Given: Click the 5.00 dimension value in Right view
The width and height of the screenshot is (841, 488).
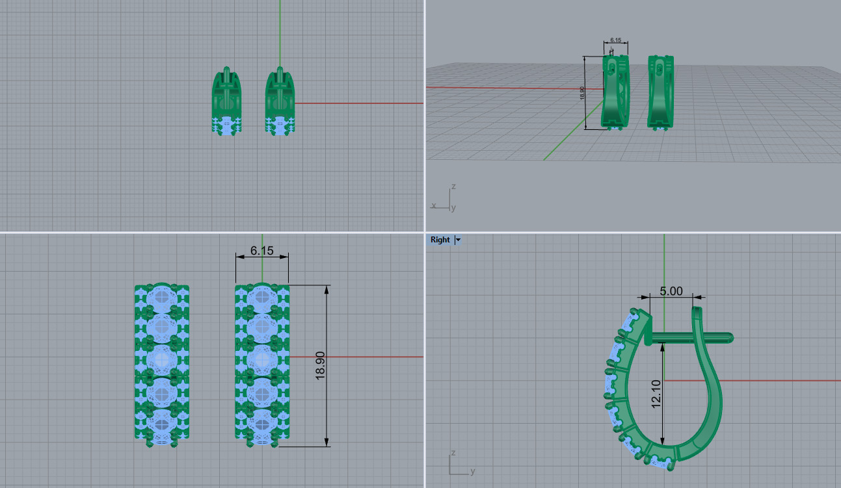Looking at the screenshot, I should [x=671, y=291].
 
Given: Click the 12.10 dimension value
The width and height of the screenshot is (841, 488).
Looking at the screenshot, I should [x=656, y=394].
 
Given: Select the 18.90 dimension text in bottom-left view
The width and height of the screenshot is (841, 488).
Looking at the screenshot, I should [x=320, y=365].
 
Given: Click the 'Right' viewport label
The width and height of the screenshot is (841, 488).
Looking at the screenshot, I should [x=440, y=240].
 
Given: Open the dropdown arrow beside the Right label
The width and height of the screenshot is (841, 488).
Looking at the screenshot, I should [x=458, y=240].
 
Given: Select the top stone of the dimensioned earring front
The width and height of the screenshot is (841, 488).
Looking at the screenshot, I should [x=262, y=297].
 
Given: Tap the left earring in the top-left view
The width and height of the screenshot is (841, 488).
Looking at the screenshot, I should [x=226, y=101].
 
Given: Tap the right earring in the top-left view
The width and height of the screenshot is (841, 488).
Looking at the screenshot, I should [x=280, y=101].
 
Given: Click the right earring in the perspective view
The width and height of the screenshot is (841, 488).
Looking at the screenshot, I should [x=660, y=91].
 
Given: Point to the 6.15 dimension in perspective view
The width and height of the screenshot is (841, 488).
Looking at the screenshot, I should [x=616, y=40].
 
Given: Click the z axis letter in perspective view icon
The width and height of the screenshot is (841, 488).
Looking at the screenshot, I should [x=453, y=186].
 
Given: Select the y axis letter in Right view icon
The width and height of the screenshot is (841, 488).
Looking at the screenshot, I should [x=472, y=471].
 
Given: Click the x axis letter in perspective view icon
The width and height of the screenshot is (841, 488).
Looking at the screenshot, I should [x=433, y=205].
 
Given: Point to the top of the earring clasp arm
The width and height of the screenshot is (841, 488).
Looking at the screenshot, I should [x=699, y=311].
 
